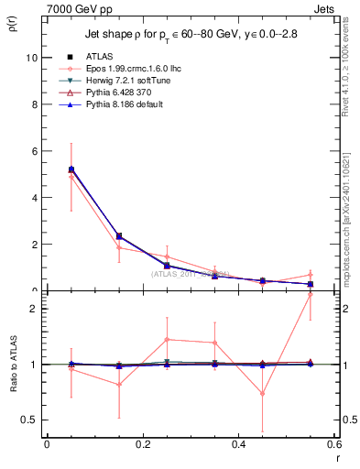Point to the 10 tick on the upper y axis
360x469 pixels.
(31, 57)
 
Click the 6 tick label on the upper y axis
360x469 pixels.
(34, 150)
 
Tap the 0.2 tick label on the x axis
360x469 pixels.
(142, 444)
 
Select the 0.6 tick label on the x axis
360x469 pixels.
(333, 444)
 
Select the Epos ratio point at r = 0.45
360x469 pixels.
(262, 394)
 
